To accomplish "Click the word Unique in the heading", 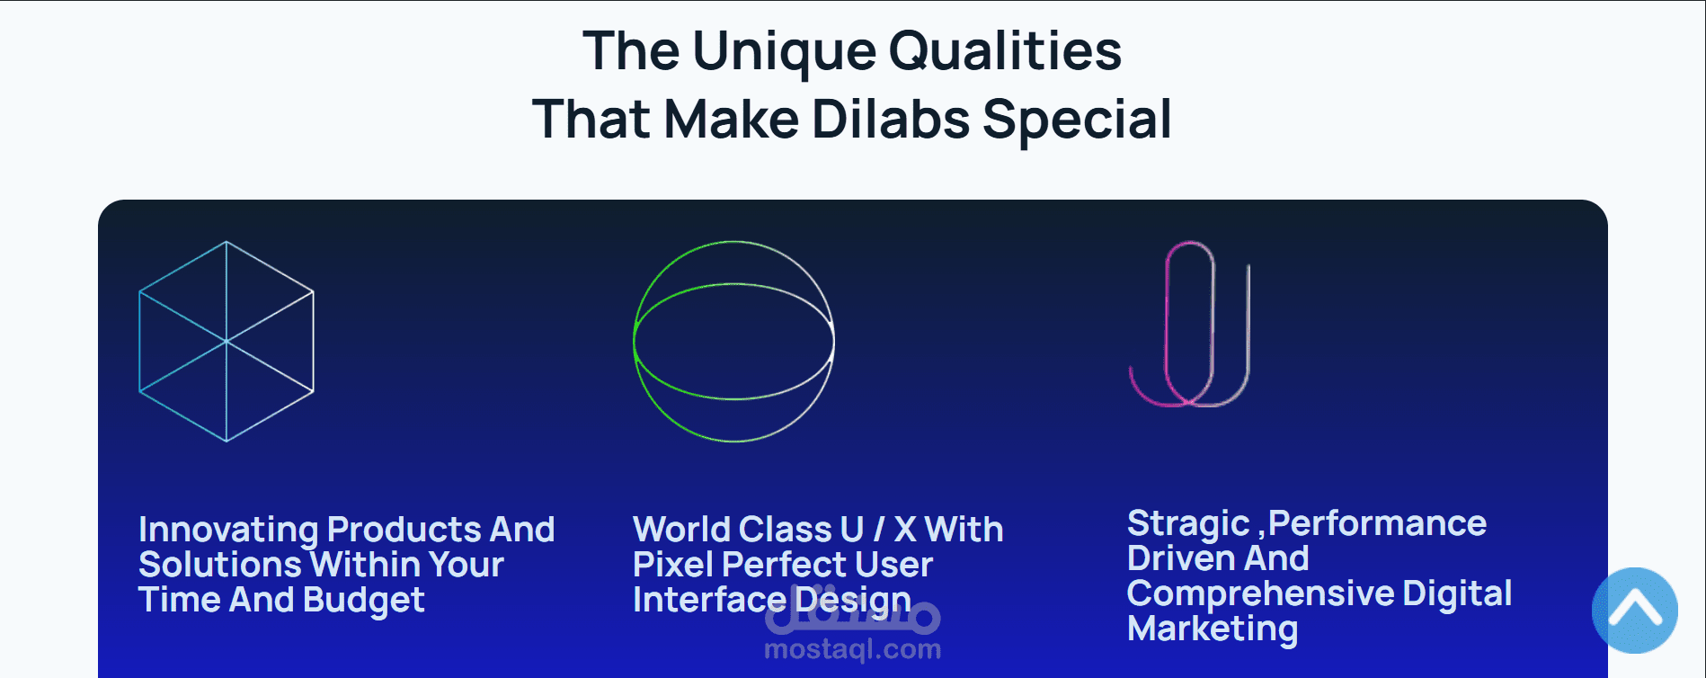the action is [x=784, y=52].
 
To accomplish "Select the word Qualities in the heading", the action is [x=1005, y=50].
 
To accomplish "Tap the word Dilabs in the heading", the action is [x=891, y=119].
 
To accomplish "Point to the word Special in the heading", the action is [x=1077, y=121].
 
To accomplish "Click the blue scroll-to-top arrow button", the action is [x=1634, y=611].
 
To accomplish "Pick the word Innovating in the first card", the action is [x=228, y=531].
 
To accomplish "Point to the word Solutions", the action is [x=219, y=565].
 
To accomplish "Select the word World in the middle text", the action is [x=681, y=530].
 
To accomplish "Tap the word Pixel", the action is [x=673, y=565].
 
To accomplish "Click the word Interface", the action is [x=709, y=600].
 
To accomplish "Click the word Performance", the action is [x=1377, y=523].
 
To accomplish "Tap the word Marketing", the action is [x=1213, y=629].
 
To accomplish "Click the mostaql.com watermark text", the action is [x=853, y=649].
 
